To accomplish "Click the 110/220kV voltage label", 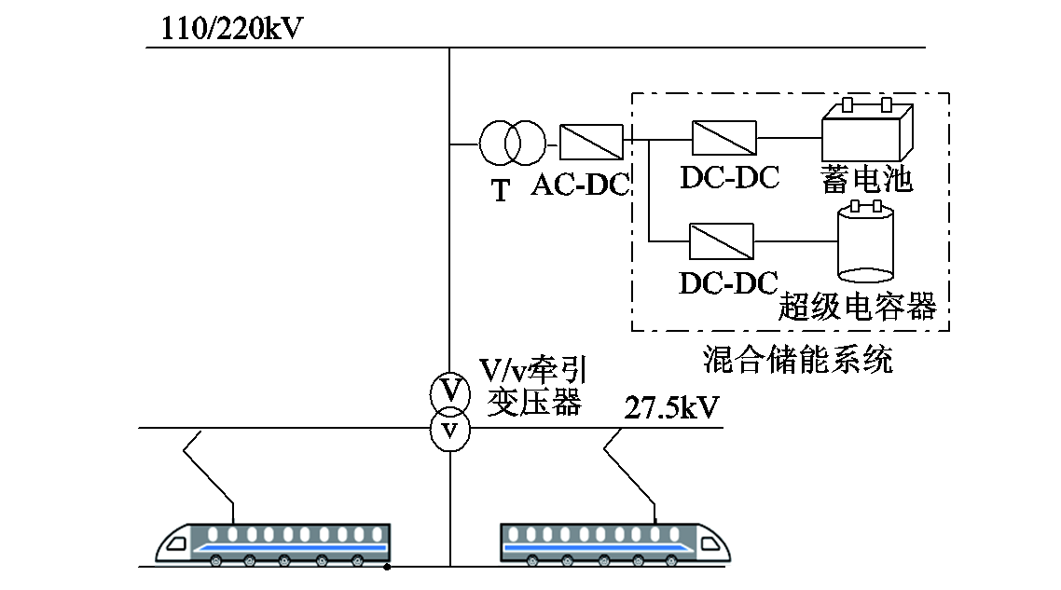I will tap(232, 29).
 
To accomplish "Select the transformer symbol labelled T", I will tap(511, 144).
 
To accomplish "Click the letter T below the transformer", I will tap(502, 191).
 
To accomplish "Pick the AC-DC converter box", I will tap(591, 143).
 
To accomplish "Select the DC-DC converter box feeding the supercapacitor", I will tap(721, 241).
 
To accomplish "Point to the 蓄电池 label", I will tap(866, 179).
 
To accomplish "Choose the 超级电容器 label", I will tap(857, 306).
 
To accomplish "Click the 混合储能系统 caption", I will tap(797, 359).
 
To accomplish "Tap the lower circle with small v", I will tap(450, 431).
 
